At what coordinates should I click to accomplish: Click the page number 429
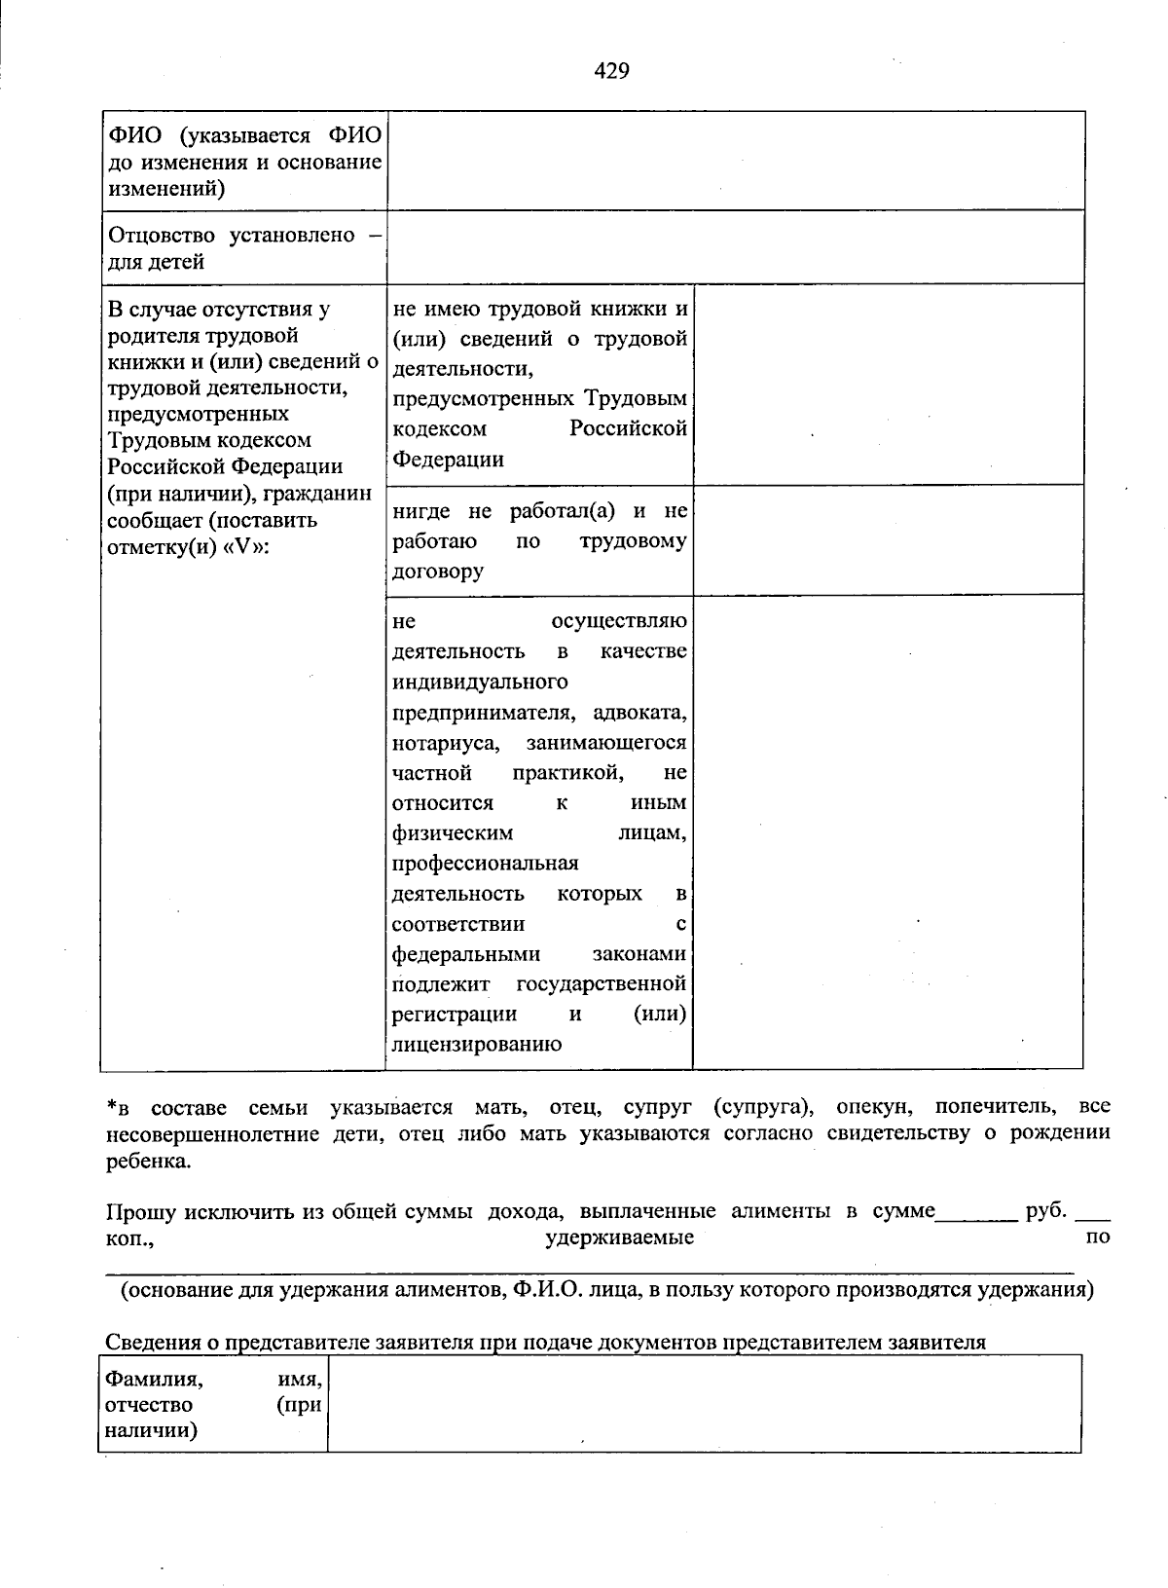(x=611, y=71)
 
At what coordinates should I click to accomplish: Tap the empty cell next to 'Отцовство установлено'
(x=735, y=247)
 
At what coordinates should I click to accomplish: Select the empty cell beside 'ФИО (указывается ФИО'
(x=735, y=161)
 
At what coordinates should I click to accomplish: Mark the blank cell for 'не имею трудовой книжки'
(x=888, y=385)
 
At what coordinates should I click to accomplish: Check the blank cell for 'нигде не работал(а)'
(x=888, y=539)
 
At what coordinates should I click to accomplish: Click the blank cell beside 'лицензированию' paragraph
(x=888, y=831)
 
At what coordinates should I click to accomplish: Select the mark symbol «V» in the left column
(x=243, y=546)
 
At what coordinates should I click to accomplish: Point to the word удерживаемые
(x=619, y=1237)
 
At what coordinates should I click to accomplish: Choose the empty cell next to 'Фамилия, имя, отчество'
(x=704, y=1404)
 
